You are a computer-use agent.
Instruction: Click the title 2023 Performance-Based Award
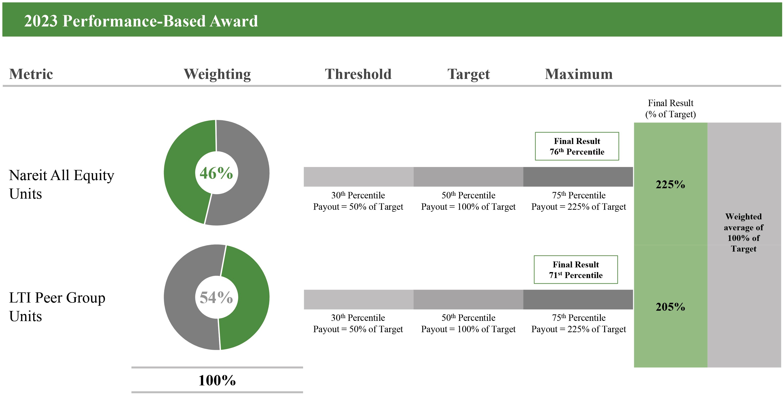tap(141, 21)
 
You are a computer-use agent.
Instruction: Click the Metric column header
tap(31, 74)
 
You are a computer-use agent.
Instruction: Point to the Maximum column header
tap(578, 74)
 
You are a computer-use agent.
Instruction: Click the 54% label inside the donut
tap(216, 297)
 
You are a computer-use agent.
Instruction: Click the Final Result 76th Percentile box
tap(577, 146)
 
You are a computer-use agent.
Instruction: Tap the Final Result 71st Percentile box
tap(575, 269)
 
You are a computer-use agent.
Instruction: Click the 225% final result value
tap(670, 184)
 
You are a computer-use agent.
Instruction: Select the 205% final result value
tap(670, 306)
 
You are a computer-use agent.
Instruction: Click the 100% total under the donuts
tap(217, 380)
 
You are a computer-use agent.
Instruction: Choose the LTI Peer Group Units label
tap(57, 306)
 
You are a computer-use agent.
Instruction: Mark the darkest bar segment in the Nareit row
tap(578, 177)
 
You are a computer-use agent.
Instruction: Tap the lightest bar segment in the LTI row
tap(358, 300)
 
